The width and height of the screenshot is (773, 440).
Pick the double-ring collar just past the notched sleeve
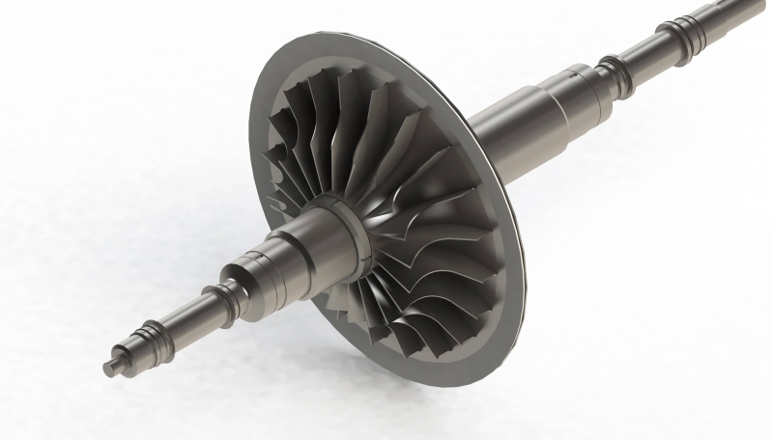[611, 68]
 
